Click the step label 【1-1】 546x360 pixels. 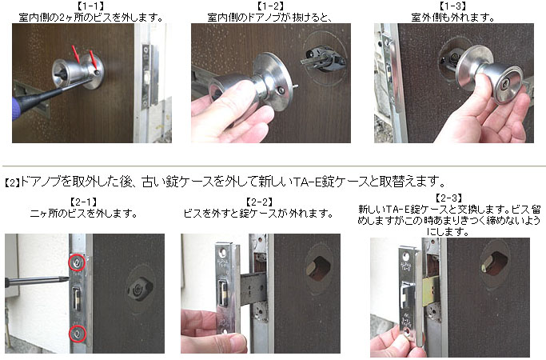pyautogui.click(x=90, y=6)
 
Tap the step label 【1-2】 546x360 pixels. pyautogui.click(x=270, y=6)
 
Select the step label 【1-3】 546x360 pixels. pyautogui.click(x=452, y=6)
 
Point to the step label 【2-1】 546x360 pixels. pyautogui.click(x=83, y=202)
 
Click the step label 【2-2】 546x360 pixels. pyautogui.click(x=259, y=202)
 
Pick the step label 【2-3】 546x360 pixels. pyautogui.click(x=448, y=198)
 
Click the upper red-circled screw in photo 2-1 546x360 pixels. pyautogui.click(x=77, y=262)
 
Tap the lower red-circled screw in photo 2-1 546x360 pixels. pyautogui.click(x=77, y=334)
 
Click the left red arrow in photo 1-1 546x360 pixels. pyautogui.click(x=76, y=53)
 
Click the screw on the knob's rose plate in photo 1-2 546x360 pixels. pyautogui.click(x=281, y=91)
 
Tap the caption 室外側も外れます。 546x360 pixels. pyautogui.click(x=452, y=17)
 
